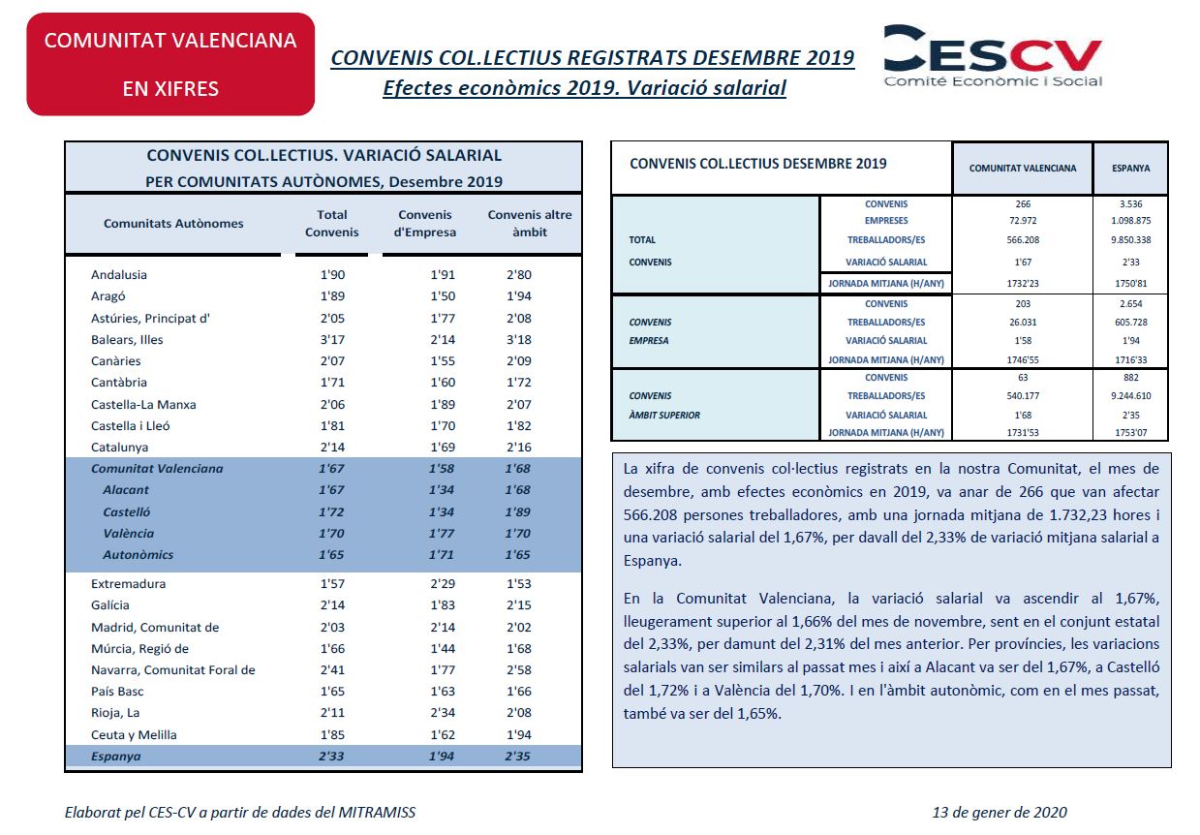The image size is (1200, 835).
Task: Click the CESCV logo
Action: [993, 56]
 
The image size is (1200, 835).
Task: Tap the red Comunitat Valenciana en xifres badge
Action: [170, 64]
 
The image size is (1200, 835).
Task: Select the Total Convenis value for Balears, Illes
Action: [332, 340]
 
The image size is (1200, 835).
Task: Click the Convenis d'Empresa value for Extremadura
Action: [443, 584]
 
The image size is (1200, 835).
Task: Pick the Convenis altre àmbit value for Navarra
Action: [518, 670]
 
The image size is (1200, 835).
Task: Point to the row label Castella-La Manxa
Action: [143, 405]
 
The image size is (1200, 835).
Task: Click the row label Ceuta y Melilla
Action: [134, 735]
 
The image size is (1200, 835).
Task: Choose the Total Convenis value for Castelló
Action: [331, 511]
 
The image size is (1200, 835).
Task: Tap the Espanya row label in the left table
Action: [115, 757]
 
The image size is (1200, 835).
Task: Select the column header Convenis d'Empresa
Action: [425, 224]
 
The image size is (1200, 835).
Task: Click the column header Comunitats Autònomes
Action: [173, 224]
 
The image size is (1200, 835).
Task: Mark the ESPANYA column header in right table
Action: [1130, 169]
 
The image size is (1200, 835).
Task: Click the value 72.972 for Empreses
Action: [1022, 221]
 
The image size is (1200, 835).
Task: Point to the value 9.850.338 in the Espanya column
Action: [1130, 240]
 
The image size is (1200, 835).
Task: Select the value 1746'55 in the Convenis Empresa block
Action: [1022, 360]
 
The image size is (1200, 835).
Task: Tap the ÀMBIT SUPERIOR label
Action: [664, 416]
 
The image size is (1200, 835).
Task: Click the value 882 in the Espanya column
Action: [1130, 378]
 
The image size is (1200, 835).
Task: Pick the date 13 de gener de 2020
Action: [1000, 813]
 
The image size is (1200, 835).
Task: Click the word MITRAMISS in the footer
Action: [377, 813]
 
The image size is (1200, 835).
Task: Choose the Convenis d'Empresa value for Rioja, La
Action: [443, 713]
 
